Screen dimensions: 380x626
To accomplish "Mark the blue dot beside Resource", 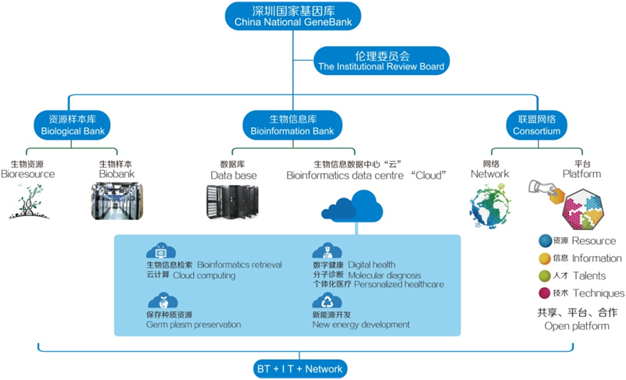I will (x=544, y=241).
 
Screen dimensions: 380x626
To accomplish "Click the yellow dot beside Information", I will (x=544, y=258).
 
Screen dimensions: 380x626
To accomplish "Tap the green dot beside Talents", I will (x=544, y=275).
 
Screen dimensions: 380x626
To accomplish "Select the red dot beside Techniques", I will (x=544, y=293).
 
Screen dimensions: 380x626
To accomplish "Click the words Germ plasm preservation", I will (x=193, y=325).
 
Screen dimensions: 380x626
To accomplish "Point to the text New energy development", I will (x=360, y=325).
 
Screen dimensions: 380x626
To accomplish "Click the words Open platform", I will (x=576, y=325).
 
